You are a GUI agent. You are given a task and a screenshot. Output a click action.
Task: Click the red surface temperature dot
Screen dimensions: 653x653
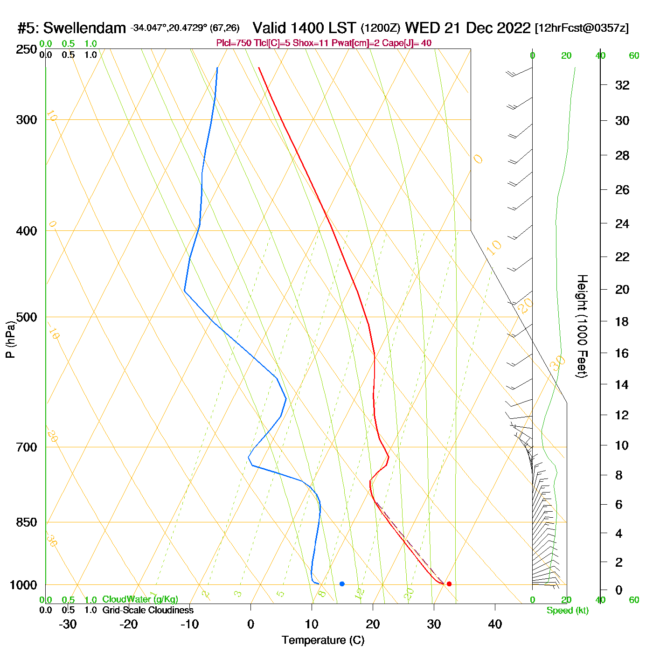pos(449,584)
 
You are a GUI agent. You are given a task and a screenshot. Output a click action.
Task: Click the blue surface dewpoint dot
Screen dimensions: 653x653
pos(342,584)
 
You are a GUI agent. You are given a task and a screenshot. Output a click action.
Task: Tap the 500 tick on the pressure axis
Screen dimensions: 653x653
pos(27,317)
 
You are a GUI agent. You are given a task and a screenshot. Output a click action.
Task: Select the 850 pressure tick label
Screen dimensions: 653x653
pos(27,522)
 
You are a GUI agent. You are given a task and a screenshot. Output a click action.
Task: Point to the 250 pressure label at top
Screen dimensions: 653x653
pos(27,49)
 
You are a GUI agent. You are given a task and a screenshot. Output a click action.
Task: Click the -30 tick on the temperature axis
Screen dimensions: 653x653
pos(68,624)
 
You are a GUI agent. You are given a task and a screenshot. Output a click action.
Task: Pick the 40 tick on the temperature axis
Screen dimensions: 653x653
pos(495,624)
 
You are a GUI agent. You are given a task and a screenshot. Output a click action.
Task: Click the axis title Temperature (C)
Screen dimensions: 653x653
pos(323,640)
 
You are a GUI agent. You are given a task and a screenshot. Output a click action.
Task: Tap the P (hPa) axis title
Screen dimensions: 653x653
pos(10,339)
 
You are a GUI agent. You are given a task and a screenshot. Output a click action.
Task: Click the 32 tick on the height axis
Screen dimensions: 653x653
pos(622,85)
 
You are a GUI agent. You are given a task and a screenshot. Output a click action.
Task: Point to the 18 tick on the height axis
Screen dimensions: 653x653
pos(622,321)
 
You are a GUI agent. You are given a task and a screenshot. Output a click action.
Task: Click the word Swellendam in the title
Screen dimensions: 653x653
pos(84,28)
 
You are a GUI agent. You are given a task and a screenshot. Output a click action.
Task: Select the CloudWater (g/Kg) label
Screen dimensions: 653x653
pos(140,599)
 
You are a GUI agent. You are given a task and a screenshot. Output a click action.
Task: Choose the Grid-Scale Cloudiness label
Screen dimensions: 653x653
pos(148,610)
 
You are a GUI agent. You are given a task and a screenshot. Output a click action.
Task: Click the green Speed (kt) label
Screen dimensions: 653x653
pos(568,611)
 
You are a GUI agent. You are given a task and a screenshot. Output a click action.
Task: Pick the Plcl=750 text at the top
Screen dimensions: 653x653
pos(234,43)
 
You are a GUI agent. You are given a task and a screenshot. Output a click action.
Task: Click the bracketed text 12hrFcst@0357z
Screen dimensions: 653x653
pos(582,28)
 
